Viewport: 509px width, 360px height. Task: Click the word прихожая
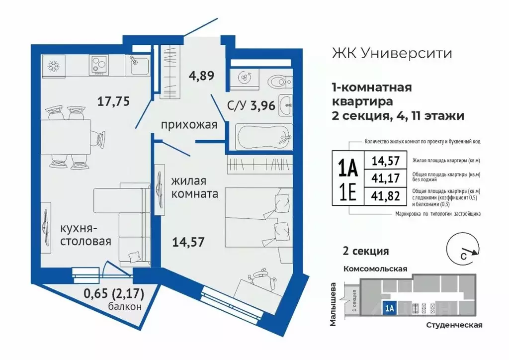click(x=189, y=125)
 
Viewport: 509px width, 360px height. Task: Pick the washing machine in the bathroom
click(x=244, y=78)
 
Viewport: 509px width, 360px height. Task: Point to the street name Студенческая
click(x=454, y=325)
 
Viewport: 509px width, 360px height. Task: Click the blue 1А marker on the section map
click(x=389, y=308)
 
